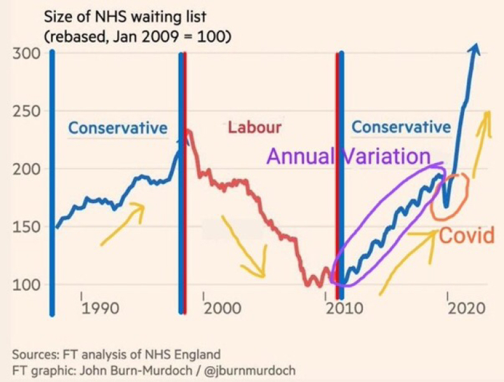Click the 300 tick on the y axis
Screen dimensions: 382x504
[26, 53]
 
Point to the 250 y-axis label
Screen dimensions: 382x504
[26, 111]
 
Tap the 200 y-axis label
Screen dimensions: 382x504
[26, 169]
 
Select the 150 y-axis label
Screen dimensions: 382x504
[25, 227]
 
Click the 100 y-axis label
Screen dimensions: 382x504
[25, 285]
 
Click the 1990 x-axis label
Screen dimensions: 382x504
[100, 309]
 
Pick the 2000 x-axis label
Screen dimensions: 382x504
[222, 309]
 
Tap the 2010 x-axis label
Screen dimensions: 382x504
[344, 309]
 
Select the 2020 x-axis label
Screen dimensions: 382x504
[466, 309]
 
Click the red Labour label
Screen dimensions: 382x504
[255, 127]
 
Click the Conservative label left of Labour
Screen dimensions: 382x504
[118, 128]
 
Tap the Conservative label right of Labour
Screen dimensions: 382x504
[402, 127]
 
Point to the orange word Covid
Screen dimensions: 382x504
[467, 236]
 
